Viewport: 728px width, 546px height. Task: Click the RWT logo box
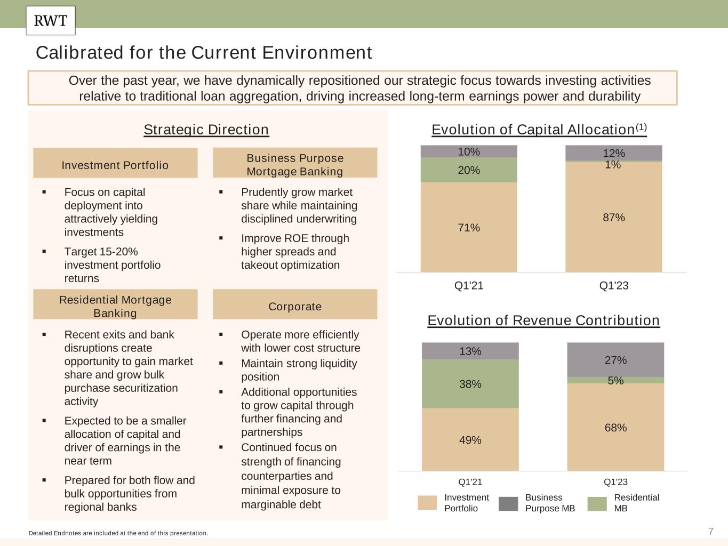[51, 21]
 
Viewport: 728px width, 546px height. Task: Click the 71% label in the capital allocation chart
[469, 228]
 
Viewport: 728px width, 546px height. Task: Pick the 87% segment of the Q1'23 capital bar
[613, 217]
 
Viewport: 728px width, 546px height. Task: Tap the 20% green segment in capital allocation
[469, 170]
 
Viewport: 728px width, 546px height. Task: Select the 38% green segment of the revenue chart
[470, 384]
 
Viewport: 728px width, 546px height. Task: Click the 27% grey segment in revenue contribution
[615, 360]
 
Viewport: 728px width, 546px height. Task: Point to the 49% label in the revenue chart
[470, 440]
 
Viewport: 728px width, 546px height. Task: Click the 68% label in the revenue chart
[615, 428]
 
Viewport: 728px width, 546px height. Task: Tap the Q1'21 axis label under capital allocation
[469, 286]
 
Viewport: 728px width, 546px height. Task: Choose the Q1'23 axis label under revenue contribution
[615, 482]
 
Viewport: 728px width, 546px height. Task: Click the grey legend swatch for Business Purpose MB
[508, 503]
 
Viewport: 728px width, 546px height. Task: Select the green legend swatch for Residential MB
[597, 503]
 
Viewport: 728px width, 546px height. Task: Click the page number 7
[710, 531]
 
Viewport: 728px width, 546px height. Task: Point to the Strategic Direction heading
[206, 130]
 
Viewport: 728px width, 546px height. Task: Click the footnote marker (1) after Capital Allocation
[641, 127]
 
